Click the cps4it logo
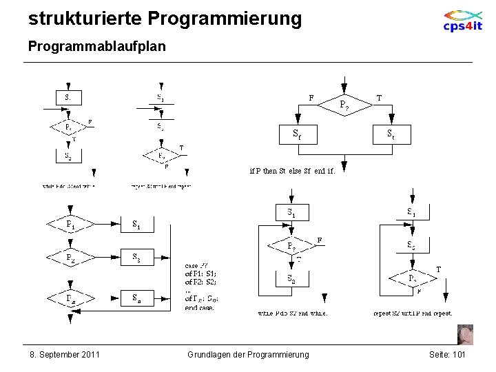coord(463,21)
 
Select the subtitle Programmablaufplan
coord(96,46)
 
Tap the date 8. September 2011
coord(65,354)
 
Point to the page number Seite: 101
coord(447,354)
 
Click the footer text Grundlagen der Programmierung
coord(248,354)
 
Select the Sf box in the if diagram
coord(296,133)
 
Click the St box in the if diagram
coord(391,133)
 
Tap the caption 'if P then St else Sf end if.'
coord(292,171)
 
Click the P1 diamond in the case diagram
coord(70,225)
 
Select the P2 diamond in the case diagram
coord(70,258)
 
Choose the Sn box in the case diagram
coord(137,298)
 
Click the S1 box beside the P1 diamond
coord(137,225)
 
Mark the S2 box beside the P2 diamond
coord(137,258)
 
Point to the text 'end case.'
coord(200,307)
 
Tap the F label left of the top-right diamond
coord(311,98)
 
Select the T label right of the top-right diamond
coord(380,98)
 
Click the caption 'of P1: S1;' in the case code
coord(200,273)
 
